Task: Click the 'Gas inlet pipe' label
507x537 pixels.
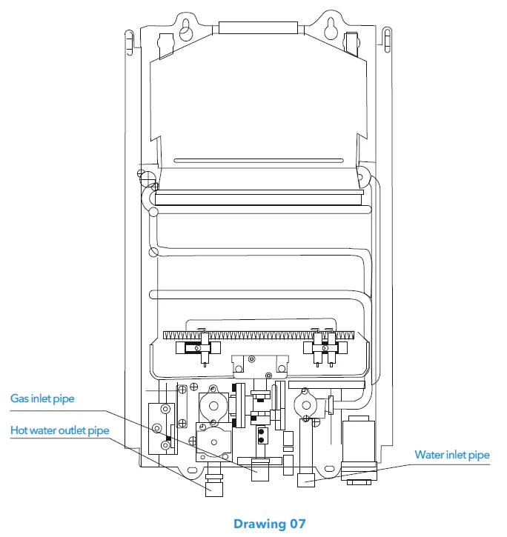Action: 42,399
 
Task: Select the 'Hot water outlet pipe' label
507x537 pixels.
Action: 59,430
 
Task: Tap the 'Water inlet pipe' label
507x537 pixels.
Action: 451,455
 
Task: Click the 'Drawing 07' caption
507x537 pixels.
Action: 269,524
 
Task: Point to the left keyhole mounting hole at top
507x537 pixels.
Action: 185,29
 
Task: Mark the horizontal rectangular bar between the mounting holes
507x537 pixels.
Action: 257,27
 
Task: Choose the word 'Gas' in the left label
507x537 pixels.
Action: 19,399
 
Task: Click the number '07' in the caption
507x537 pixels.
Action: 296,524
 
